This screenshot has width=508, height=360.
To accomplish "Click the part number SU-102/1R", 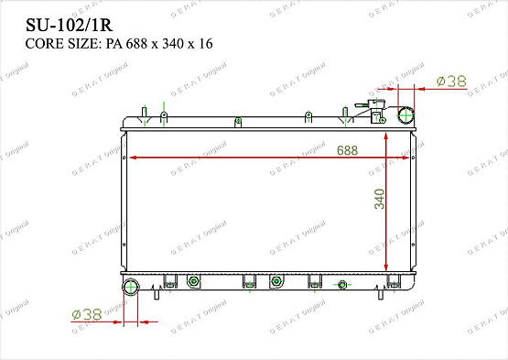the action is coord(69,26).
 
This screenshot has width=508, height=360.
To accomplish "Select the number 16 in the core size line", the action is coord(206,44).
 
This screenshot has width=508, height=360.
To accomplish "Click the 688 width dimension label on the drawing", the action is coord(347,150).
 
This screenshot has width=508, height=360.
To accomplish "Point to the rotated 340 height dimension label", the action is coord(380,199).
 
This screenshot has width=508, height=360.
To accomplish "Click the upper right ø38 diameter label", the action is coord(451,82).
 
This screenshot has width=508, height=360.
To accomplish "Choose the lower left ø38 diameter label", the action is coord(87,314).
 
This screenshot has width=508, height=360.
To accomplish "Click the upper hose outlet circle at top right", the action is coord(406,115).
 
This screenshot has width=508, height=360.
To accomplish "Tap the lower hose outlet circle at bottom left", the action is coord(131,287).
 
